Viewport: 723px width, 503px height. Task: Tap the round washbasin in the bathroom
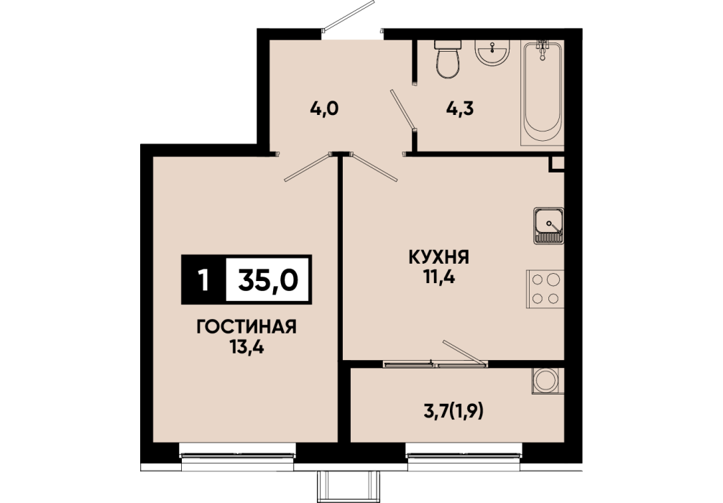(x=492, y=52)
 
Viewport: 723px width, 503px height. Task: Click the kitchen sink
(x=548, y=226)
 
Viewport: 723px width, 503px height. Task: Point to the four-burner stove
(x=545, y=289)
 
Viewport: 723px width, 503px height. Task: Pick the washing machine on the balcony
(x=548, y=381)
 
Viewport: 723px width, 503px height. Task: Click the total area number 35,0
(x=268, y=280)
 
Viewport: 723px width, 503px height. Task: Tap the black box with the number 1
(x=203, y=280)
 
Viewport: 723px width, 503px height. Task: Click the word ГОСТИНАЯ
(x=247, y=327)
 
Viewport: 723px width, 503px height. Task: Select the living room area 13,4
(x=247, y=346)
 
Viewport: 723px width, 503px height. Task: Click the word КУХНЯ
(x=439, y=257)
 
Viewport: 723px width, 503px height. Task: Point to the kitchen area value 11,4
(x=439, y=277)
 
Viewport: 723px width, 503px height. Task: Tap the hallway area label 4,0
(x=324, y=109)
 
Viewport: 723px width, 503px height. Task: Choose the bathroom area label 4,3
(x=460, y=109)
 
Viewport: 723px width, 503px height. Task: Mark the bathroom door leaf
(x=403, y=109)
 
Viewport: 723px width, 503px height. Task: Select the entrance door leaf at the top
(x=348, y=16)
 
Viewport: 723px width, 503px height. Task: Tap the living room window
(x=237, y=455)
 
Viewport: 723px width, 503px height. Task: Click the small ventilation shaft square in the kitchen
(x=556, y=164)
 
